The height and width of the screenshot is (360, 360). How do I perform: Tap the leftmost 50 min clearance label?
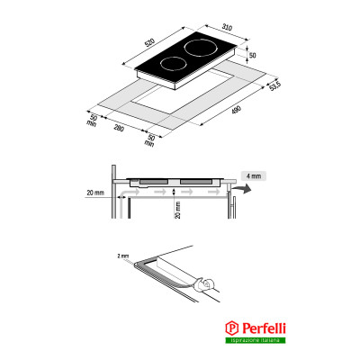click(x=94, y=121)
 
